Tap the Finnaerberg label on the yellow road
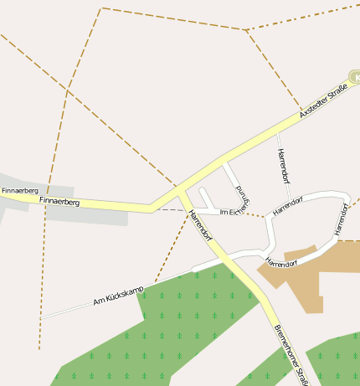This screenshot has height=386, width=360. tap(59, 202)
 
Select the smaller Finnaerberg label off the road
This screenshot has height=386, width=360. tap(14, 191)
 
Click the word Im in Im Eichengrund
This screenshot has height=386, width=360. tap(224, 212)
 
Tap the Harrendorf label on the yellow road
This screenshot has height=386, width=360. tap(202, 224)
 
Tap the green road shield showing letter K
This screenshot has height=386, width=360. tap(356, 77)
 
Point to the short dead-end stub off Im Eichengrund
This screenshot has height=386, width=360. tap(204, 198)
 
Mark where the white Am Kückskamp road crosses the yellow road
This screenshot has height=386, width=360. tap(219, 261)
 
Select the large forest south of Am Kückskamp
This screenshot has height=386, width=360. tap(184, 327)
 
